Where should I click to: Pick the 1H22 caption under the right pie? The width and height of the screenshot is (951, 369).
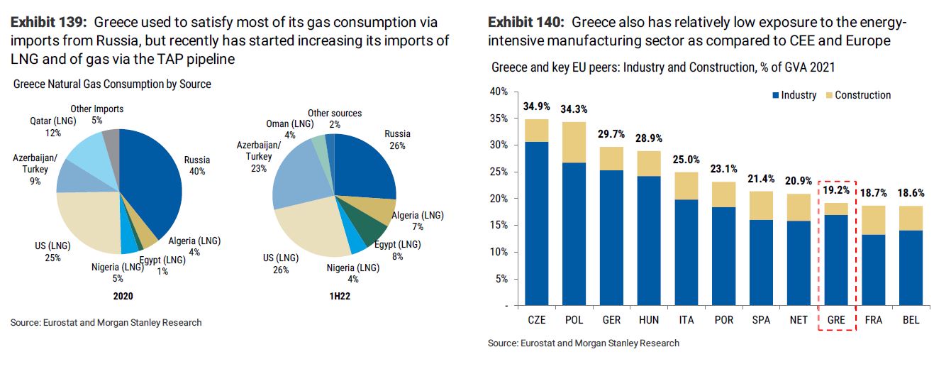click(335, 296)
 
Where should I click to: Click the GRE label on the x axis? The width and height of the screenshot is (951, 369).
click(837, 320)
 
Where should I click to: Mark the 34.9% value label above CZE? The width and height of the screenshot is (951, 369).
click(536, 107)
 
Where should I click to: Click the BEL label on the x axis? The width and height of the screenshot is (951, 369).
click(911, 320)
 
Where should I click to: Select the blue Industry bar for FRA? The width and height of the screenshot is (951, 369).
click(874, 270)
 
